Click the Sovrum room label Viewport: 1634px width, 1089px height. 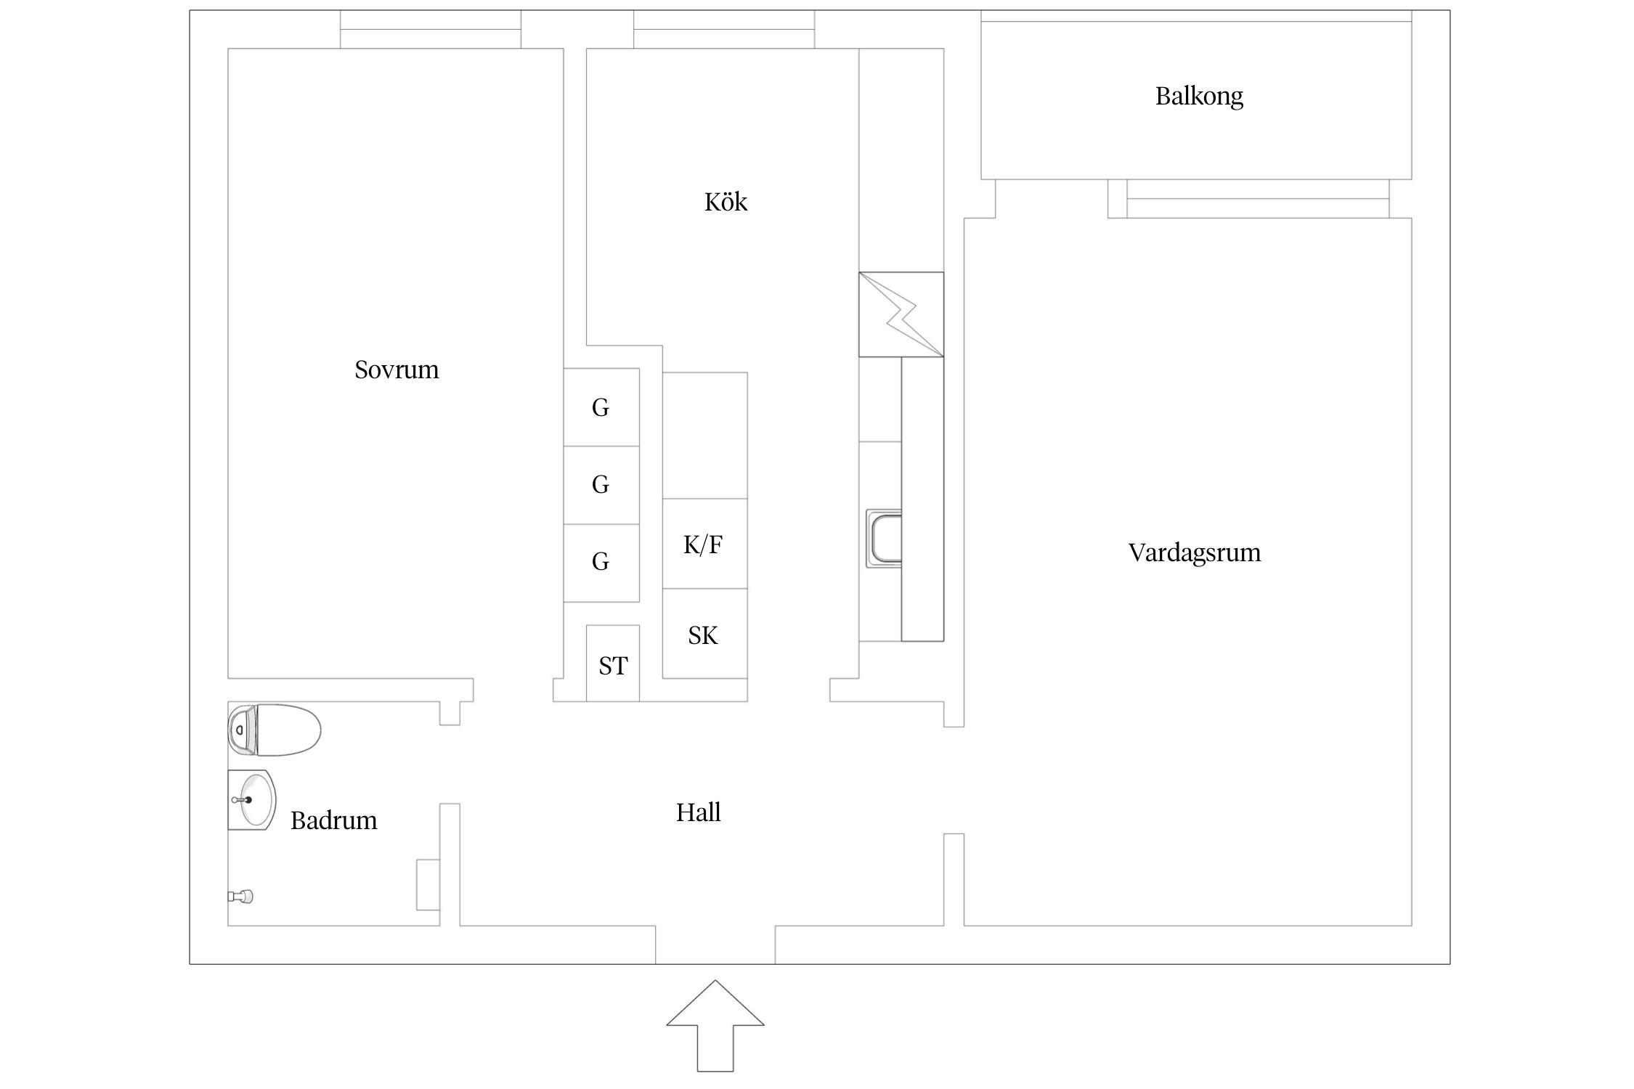pyautogui.click(x=397, y=370)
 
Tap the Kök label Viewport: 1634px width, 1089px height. pyautogui.click(x=725, y=202)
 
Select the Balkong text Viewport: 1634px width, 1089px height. pyautogui.click(x=1199, y=96)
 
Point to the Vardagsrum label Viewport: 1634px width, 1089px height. pyautogui.click(x=1194, y=553)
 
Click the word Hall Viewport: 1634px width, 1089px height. pyautogui.click(x=698, y=812)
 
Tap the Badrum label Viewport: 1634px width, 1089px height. pyautogui.click(x=333, y=821)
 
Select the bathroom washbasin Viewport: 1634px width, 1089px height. pyautogui.click(x=253, y=799)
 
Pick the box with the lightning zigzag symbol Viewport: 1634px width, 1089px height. pyautogui.click(x=901, y=314)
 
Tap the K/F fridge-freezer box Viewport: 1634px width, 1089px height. pyautogui.click(x=704, y=544)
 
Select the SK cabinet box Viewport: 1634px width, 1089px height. pyautogui.click(x=704, y=635)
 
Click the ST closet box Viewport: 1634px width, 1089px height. pyautogui.click(x=612, y=664)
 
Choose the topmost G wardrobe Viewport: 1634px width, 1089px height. pyautogui.click(x=601, y=407)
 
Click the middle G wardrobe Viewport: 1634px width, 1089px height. pyautogui.click(x=601, y=484)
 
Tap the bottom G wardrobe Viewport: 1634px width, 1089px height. pyautogui.click(x=601, y=561)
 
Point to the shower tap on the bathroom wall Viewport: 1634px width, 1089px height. pyautogui.click(x=242, y=897)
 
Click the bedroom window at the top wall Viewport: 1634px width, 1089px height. pyautogui.click(x=430, y=30)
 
